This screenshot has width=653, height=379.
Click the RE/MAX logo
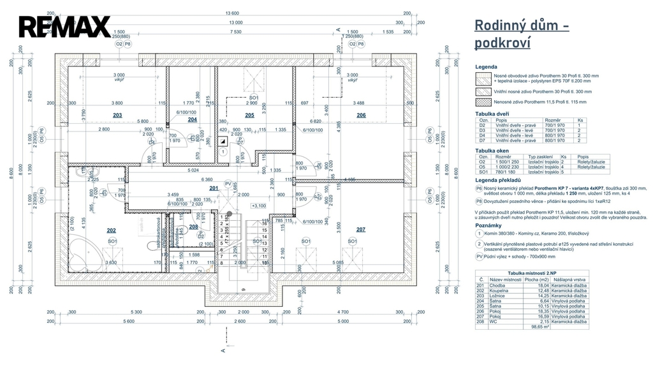[64, 27]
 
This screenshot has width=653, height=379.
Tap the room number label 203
[117, 115]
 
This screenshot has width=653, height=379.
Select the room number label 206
[361, 115]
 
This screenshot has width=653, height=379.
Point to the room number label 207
[361, 229]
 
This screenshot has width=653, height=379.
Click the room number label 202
[111, 230]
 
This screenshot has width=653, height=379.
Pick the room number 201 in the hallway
[214, 188]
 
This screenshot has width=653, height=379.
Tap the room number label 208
[194, 227]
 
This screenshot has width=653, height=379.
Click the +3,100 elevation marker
[258, 206]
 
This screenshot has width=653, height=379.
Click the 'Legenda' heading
[486, 67]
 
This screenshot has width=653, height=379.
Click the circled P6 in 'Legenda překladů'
[480, 189]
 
